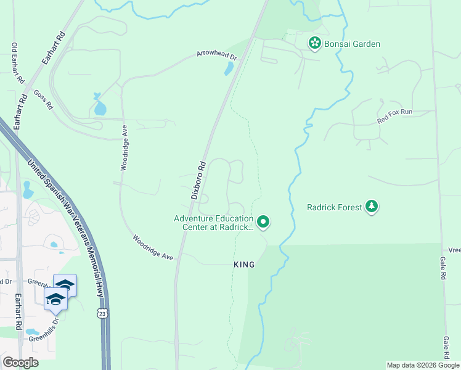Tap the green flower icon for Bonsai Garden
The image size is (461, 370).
tap(315, 43)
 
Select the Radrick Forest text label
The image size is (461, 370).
tap(335, 207)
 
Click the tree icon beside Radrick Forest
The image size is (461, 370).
tap(372, 207)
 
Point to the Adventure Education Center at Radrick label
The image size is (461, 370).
tap(213, 223)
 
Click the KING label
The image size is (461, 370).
tap(244, 264)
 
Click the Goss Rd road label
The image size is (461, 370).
tap(43, 99)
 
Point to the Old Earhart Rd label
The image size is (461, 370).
tap(17, 63)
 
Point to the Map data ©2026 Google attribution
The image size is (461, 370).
tap(423, 365)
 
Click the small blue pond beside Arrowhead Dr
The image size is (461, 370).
tap(229, 68)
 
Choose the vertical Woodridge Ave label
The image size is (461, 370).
tap(124, 148)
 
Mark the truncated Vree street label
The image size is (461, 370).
tap(454, 250)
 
